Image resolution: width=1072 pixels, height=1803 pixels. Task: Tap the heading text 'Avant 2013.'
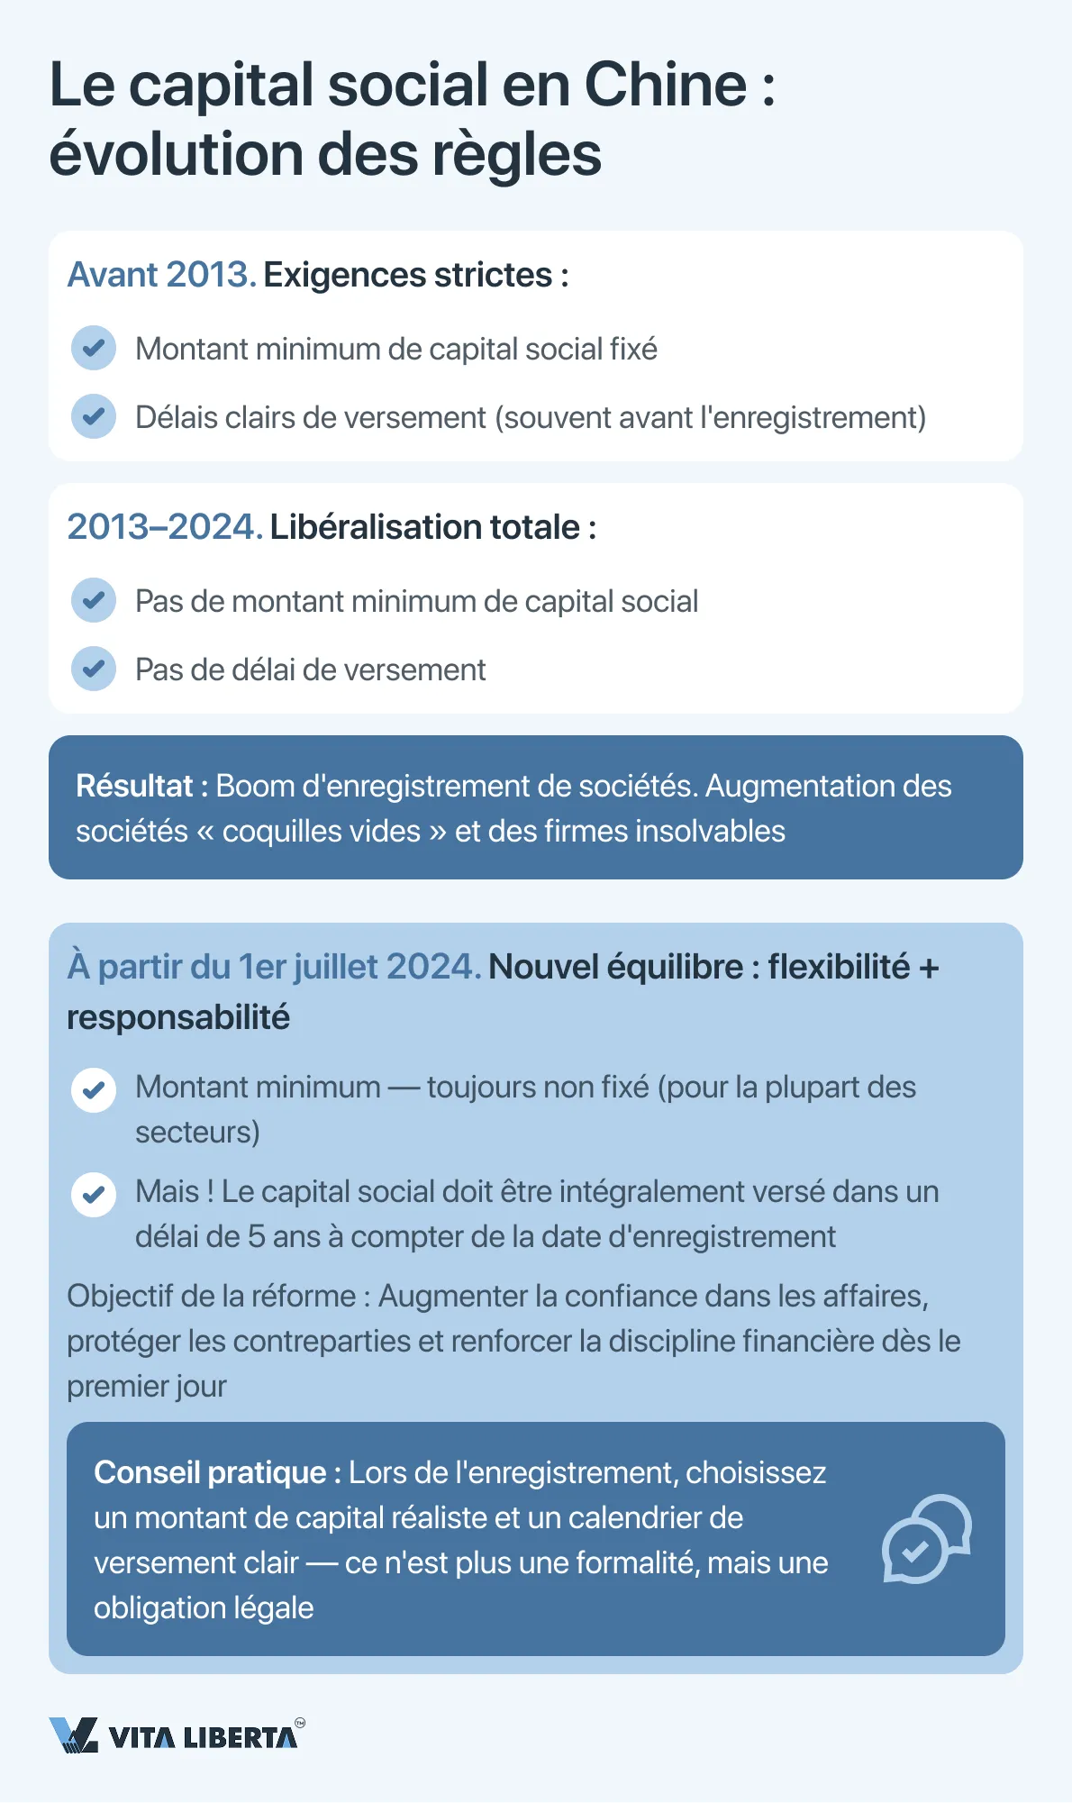pos(162,275)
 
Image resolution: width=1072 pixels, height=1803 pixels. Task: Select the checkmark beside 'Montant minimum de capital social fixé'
pos(94,348)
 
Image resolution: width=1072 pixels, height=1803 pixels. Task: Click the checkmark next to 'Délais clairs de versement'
pos(94,416)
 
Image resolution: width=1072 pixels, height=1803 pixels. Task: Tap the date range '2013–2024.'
pos(165,527)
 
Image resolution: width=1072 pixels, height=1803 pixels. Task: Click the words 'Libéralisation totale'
pos(424,527)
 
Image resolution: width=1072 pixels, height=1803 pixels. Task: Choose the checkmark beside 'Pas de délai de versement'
pos(94,669)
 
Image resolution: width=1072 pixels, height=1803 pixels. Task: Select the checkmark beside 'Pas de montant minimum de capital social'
pos(94,600)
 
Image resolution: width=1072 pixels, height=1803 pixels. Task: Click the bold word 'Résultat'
pos(134,787)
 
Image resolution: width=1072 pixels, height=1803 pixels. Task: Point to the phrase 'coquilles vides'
pos(322,832)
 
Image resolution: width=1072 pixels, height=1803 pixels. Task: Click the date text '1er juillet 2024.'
pos(359,967)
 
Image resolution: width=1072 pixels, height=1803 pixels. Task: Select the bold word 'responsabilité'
pos(178,1017)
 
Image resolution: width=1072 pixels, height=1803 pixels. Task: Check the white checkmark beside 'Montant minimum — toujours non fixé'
pos(94,1090)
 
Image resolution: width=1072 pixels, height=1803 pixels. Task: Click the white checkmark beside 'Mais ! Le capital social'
pos(94,1195)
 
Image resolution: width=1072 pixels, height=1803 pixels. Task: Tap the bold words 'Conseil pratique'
pos(210,1472)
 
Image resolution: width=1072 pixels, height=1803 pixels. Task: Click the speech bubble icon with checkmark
pos(925,1539)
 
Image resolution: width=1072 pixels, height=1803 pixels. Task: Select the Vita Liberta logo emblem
pos(73,1735)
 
